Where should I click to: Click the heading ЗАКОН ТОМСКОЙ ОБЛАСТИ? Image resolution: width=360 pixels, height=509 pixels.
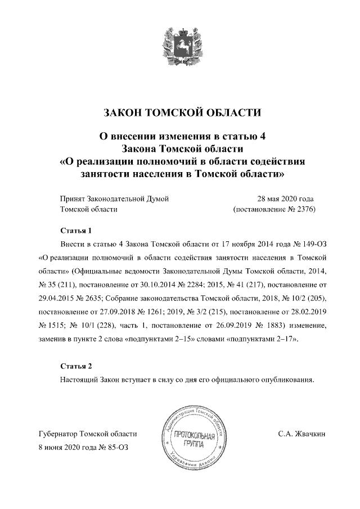point(180,113)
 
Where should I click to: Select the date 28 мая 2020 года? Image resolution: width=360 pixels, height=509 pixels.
point(285,199)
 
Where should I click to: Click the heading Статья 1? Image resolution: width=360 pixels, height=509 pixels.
point(75,231)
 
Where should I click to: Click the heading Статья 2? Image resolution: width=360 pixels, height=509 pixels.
point(75,367)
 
